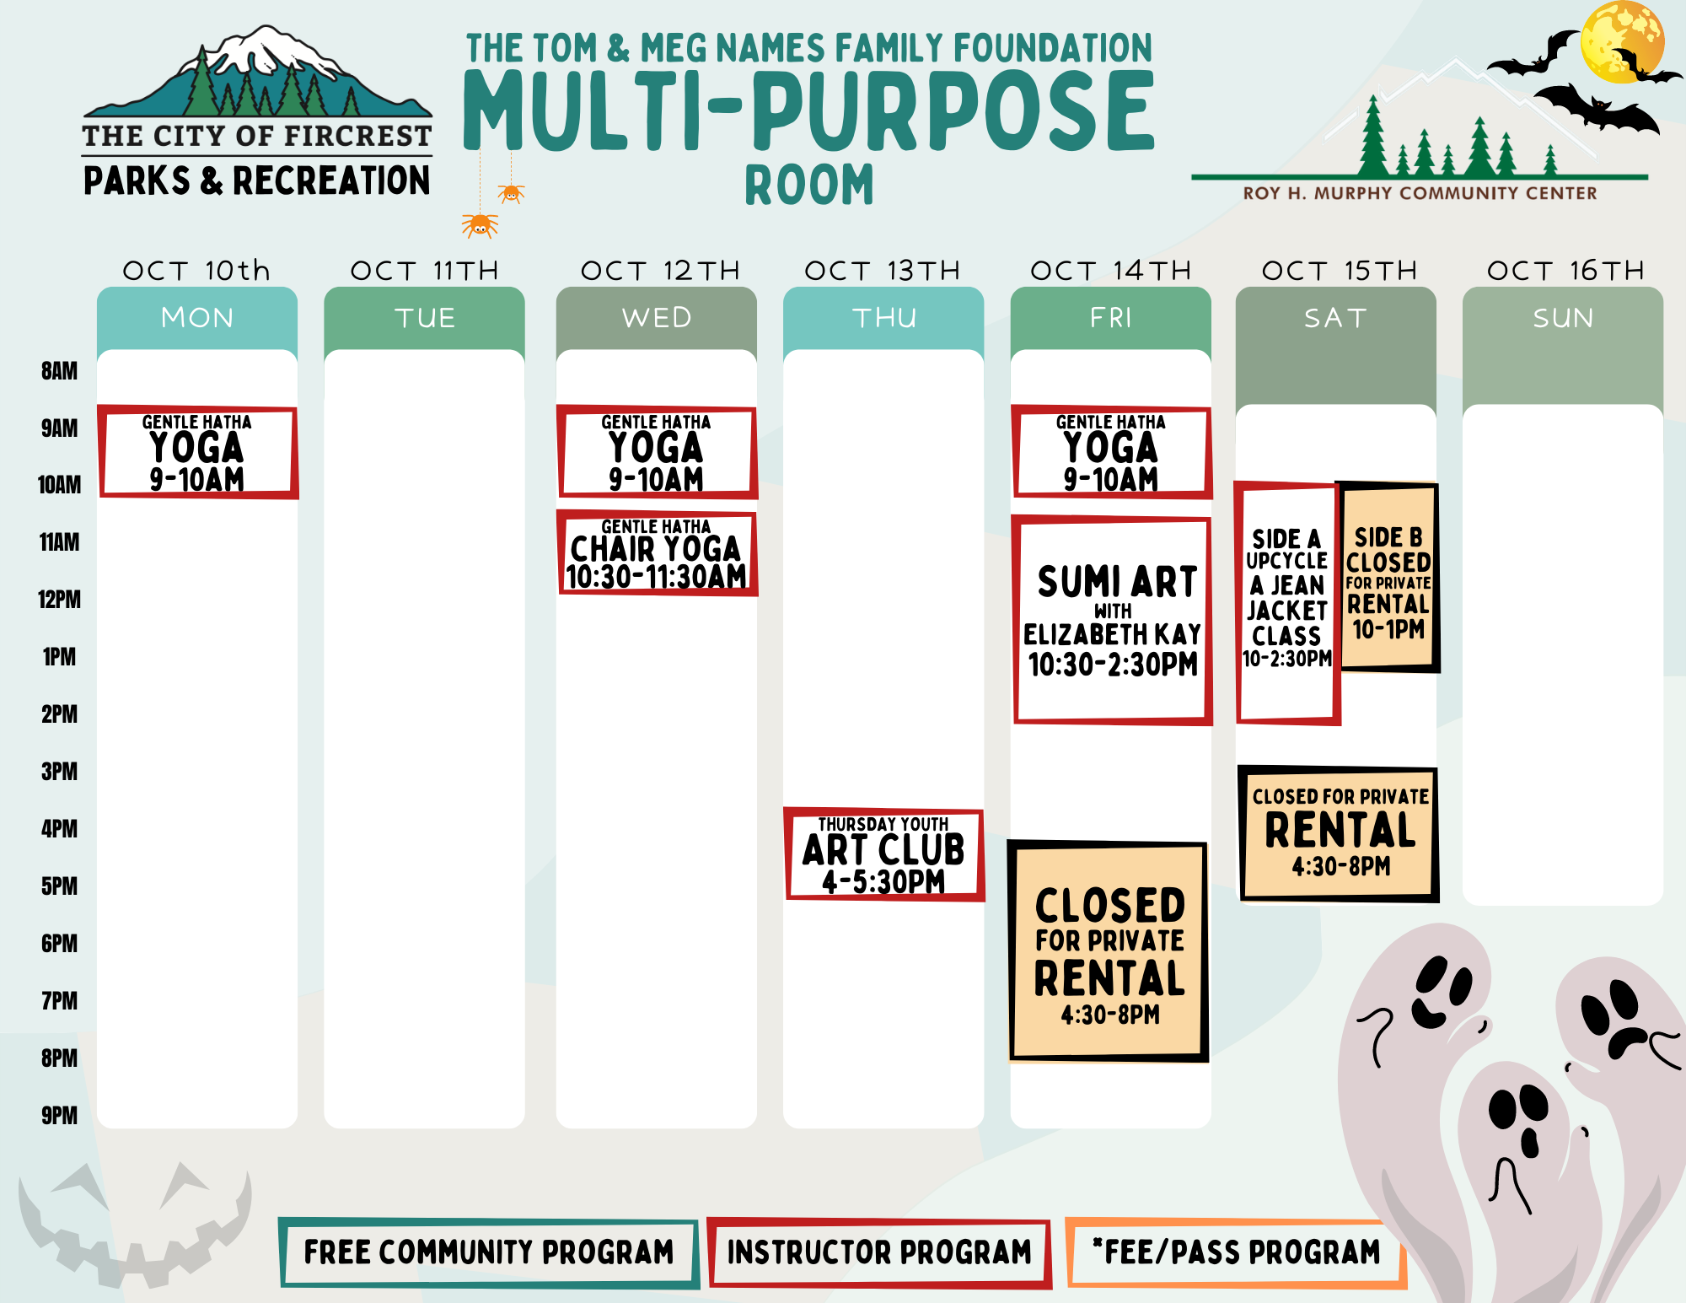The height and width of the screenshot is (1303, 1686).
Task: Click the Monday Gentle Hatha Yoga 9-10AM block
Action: pyautogui.click(x=198, y=452)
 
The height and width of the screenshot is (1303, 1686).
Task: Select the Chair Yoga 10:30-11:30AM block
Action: pyautogui.click(x=657, y=552)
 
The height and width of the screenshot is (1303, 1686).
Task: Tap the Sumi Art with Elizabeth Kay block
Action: pyautogui.click(x=1112, y=620)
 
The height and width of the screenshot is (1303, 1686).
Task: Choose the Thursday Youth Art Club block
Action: pyautogui.click(x=884, y=853)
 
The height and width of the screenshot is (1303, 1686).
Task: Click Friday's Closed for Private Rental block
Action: pyautogui.click(x=1109, y=951)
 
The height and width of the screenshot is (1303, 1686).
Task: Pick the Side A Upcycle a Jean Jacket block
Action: pyautogui.click(x=1286, y=603)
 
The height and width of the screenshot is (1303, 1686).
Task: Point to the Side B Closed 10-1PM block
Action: pyautogui.click(x=1388, y=578)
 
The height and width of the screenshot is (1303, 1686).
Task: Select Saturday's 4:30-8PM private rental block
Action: pyautogui.click(x=1339, y=834)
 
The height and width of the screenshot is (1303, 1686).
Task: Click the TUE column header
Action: pyautogui.click(x=425, y=318)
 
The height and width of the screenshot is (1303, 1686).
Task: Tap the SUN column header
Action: pyautogui.click(x=1563, y=318)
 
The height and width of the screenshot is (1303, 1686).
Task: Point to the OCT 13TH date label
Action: pyautogui.click(x=883, y=271)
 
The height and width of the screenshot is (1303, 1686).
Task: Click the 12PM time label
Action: pyautogui.click(x=60, y=600)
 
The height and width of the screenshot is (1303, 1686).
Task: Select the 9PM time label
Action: pyautogui.click(x=60, y=1116)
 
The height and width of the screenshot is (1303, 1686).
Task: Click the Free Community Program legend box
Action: pyautogui.click(x=489, y=1253)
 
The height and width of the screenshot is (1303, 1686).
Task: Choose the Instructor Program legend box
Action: pyautogui.click(x=879, y=1253)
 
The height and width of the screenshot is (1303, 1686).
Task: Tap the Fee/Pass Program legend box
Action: pyautogui.click(x=1236, y=1253)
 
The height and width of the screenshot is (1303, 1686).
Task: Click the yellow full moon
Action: pyautogui.click(x=1622, y=41)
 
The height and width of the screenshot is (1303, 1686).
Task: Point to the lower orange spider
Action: pyautogui.click(x=480, y=225)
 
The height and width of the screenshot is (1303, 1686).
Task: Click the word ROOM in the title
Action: pyautogui.click(x=809, y=186)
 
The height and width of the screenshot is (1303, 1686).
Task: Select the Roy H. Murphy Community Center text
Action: pyautogui.click(x=1420, y=193)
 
